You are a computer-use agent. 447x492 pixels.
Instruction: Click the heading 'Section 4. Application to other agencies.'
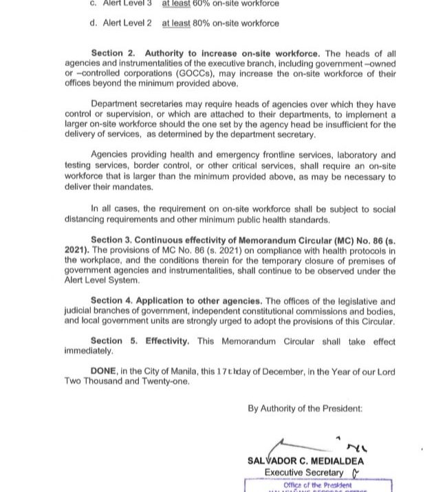(176, 301)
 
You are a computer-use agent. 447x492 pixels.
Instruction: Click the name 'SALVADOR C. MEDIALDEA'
(306, 461)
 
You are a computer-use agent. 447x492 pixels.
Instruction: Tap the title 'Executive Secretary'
(304, 473)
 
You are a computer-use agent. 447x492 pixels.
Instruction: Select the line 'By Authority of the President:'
(305, 408)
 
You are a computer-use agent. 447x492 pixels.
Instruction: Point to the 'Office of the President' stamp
(317, 485)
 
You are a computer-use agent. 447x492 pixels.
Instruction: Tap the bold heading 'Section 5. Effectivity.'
(140, 341)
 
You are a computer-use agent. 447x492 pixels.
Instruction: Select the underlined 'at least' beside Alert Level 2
(177, 23)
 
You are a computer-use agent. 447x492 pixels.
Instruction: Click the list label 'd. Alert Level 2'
(120, 23)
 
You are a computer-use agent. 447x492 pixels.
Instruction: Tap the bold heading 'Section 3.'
(111, 240)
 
